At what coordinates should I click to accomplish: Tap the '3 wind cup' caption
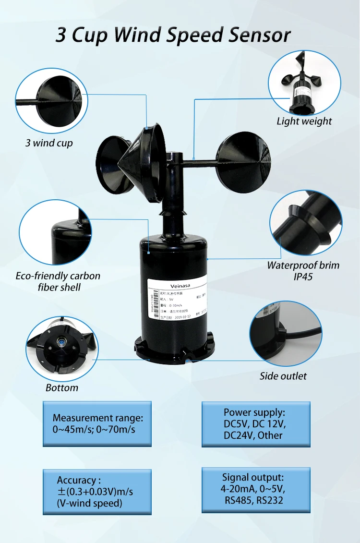(x=49, y=143)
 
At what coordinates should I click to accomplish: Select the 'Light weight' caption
(x=304, y=121)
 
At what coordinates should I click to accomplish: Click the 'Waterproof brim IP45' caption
(x=303, y=271)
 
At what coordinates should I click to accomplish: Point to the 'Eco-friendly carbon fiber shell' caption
(x=58, y=281)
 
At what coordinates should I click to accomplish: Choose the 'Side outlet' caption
(x=283, y=376)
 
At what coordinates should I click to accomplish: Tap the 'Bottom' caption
(x=61, y=387)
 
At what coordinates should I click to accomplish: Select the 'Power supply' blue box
(x=256, y=424)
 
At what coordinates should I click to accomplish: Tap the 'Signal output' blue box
(x=256, y=489)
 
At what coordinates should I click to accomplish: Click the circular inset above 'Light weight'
(x=304, y=81)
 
